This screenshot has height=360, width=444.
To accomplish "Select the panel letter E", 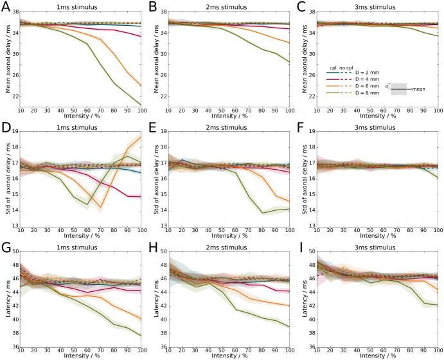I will point(154,125).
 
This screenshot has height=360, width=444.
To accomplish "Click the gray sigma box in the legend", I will point(399,89).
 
